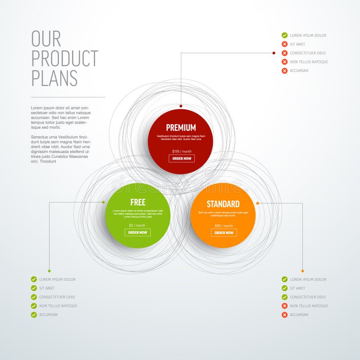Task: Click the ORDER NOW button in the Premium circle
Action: (182, 158)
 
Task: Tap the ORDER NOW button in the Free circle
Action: (138, 233)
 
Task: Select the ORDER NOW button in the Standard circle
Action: (224, 233)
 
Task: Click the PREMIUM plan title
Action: (181, 128)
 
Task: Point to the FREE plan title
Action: (138, 202)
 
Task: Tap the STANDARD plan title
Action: (223, 204)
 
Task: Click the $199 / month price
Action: (182, 152)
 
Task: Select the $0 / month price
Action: (137, 225)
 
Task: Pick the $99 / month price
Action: (224, 226)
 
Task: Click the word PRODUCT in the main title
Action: (65, 58)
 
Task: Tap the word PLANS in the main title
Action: (54, 78)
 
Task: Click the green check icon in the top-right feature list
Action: (284, 35)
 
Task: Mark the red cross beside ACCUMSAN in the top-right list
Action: (284, 71)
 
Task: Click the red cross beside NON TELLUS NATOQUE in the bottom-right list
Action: (284, 306)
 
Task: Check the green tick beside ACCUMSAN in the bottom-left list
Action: (34, 315)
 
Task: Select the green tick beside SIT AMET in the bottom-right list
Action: (284, 288)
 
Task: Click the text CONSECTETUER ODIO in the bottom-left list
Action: (57, 297)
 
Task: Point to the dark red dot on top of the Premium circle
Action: (181, 106)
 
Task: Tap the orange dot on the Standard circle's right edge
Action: (257, 203)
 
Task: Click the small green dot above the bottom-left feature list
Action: (49, 271)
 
